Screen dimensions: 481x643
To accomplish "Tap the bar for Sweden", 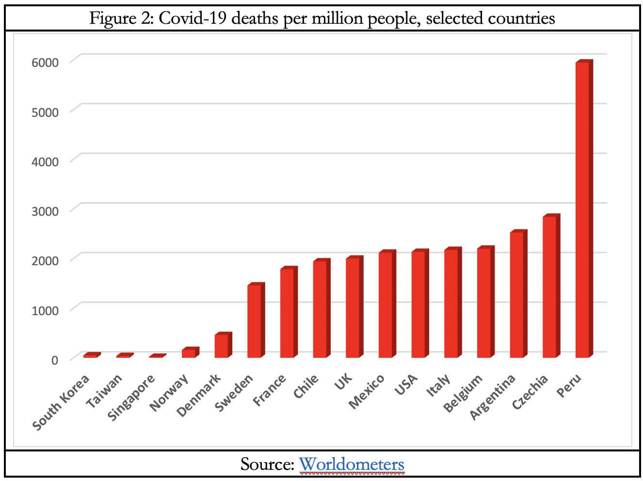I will tap(254, 321).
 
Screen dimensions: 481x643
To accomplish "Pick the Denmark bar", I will tap(222, 346).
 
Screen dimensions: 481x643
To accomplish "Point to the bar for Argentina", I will tap(516, 295).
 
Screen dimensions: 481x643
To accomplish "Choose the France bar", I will tap(287, 313).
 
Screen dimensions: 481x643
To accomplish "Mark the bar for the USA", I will tap(418, 305).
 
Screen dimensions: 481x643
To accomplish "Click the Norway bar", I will tap(189, 353).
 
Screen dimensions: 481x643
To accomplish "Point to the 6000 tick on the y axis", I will tap(45, 63).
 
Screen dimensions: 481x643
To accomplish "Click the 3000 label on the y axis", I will tap(45, 211).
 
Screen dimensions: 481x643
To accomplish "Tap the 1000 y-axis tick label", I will tap(45, 310).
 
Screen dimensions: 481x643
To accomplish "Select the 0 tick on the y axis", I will tap(54, 360).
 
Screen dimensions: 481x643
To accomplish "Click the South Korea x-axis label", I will tap(61, 402).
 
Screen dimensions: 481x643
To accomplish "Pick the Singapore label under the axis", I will tap(131, 398).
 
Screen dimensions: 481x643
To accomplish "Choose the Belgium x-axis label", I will tap(463, 393).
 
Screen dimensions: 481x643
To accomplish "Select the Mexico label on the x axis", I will tap(367, 391).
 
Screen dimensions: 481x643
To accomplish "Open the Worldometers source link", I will tap(351, 465).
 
